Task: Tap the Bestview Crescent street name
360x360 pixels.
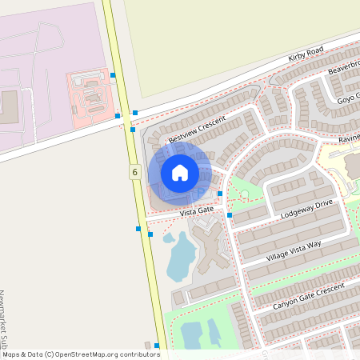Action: click(x=197, y=124)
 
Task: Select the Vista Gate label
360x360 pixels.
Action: click(x=197, y=211)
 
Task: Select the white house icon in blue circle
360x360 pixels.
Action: click(x=180, y=172)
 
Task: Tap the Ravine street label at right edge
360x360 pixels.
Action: click(x=349, y=137)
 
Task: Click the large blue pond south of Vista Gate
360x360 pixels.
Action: click(x=182, y=257)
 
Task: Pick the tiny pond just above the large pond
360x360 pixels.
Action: click(x=169, y=238)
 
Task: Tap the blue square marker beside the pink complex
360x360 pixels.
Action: click(x=113, y=75)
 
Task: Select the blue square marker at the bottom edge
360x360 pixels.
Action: click(x=157, y=346)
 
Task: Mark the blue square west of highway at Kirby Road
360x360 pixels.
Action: click(x=118, y=116)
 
